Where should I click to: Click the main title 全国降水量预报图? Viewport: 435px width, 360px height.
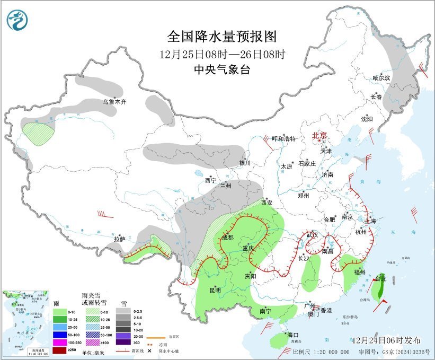click(222, 37)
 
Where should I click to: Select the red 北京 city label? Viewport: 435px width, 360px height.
click(320, 135)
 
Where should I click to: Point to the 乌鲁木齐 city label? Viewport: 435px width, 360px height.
click(114, 101)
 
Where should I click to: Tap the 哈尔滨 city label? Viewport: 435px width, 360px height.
click(380, 78)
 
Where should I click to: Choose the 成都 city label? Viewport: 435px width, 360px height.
click(227, 238)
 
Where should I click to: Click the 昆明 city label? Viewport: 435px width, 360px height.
click(215, 289)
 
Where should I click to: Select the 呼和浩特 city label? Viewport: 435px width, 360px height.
click(283, 138)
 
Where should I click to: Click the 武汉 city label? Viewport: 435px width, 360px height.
click(313, 235)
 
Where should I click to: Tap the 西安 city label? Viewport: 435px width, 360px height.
click(268, 203)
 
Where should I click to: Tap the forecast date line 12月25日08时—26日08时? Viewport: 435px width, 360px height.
click(222, 54)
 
